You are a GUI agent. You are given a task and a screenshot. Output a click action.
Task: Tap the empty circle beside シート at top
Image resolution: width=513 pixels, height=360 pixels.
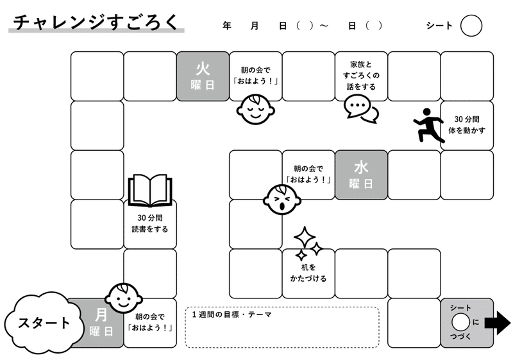click(x=471, y=26)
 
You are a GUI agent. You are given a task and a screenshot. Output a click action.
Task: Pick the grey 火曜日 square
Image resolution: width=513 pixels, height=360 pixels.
click(x=203, y=76)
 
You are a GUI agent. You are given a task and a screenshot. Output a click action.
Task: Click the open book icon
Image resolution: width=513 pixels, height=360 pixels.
click(x=150, y=190)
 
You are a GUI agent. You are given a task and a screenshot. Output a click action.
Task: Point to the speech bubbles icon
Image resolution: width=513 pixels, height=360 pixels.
click(x=361, y=109)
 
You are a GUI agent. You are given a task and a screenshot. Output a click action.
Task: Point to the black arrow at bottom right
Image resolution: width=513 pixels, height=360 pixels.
click(x=498, y=323)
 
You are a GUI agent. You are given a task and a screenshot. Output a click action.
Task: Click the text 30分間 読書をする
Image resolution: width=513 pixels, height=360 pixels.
click(x=150, y=223)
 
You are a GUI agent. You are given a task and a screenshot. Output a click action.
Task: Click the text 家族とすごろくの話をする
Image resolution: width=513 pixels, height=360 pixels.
click(x=361, y=76)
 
